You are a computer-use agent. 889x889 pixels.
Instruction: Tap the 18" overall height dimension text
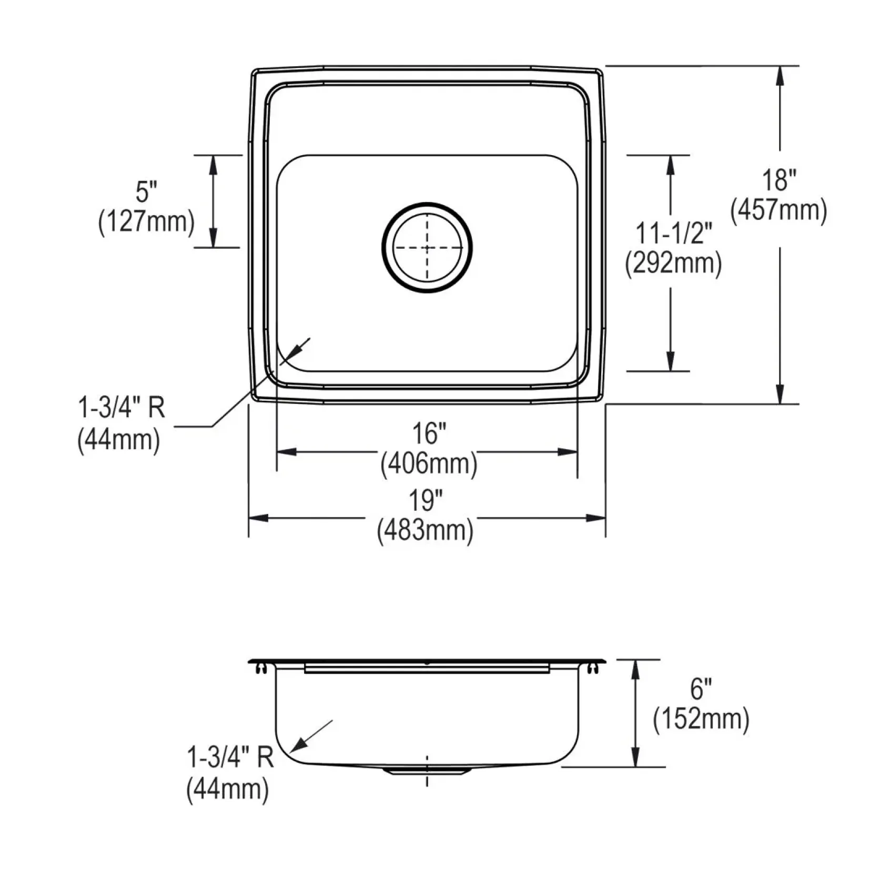point(779,180)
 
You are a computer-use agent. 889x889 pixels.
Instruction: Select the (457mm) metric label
point(779,211)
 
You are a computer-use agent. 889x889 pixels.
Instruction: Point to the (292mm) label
point(673,264)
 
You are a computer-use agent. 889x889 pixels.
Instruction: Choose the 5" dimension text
point(146,191)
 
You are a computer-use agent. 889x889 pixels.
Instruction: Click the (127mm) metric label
point(146,222)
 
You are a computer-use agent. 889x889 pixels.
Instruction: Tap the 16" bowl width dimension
point(429,434)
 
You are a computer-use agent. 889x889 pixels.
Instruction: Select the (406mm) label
point(429,464)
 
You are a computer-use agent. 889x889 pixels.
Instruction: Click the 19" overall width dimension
point(426,500)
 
